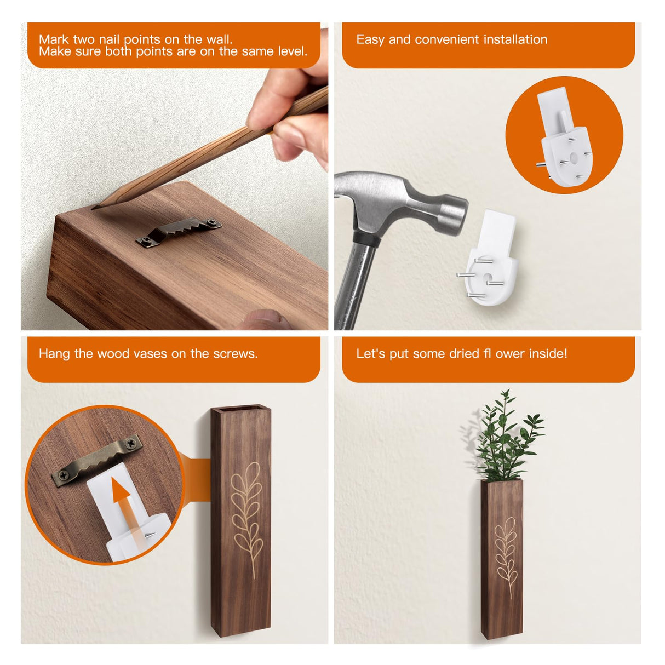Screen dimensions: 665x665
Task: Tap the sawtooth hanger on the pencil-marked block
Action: click(179, 231)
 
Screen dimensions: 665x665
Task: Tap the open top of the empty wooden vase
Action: click(240, 409)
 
